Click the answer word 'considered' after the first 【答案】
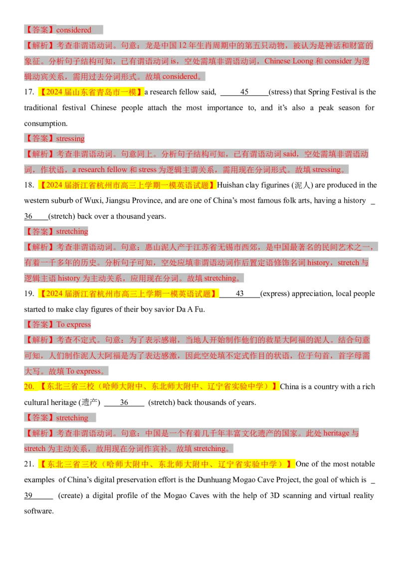tap(73, 30)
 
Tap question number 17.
tap(29, 92)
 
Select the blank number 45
tap(244, 92)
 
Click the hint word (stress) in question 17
tap(280, 92)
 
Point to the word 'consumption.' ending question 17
tap(46, 124)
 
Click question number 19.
tap(29, 293)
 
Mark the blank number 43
tap(239, 293)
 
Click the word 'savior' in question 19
tap(164, 309)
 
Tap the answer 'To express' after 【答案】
tap(73, 324)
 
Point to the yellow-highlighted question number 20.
tap(29, 387)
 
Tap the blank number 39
tap(28, 496)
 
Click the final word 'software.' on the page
tap(39, 511)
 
